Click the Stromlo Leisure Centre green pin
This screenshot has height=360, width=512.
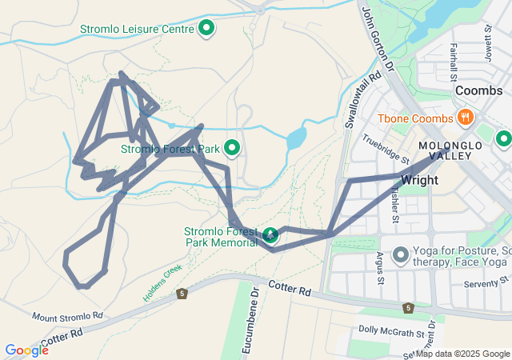(206, 29)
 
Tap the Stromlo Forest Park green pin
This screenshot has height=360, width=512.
(233, 148)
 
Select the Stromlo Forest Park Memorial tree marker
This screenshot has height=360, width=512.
(271, 234)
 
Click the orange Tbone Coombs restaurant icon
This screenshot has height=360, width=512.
(465, 118)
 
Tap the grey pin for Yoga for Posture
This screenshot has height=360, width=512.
(400, 255)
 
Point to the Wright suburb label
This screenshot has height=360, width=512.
(420, 180)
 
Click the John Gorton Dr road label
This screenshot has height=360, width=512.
(378, 39)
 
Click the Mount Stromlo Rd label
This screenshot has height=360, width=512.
(68, 317)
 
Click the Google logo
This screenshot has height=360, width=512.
(26, 350)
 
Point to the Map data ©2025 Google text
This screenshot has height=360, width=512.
(462, 354)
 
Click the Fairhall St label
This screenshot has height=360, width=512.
(454, 63)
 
